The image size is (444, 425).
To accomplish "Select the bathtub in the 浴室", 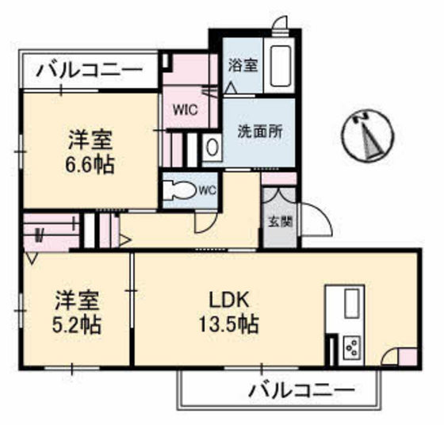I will point(281,64).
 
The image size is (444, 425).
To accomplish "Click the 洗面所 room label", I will point(259,132).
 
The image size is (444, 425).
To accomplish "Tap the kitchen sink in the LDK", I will point(350,304).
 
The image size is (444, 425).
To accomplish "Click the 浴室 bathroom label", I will point(243,66).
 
